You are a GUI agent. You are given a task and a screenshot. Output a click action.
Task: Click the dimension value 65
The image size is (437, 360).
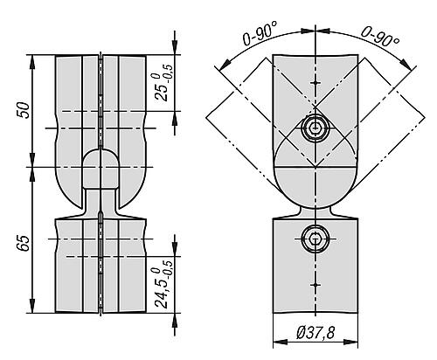[x=24, y=243]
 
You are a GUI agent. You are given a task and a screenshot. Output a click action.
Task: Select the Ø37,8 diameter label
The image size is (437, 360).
[x=316, y=332]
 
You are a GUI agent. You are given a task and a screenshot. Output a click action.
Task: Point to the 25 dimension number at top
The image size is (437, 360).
[x=162, y=92]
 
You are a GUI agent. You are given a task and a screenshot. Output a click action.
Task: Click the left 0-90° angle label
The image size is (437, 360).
[x=260, y=34]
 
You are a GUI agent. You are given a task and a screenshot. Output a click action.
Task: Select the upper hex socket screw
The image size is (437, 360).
[x=316, y=128]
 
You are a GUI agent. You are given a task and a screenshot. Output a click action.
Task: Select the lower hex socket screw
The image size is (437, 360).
[x=316, y=239]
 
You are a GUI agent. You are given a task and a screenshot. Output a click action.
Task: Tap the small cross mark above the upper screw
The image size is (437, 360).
[x=316, y=83]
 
